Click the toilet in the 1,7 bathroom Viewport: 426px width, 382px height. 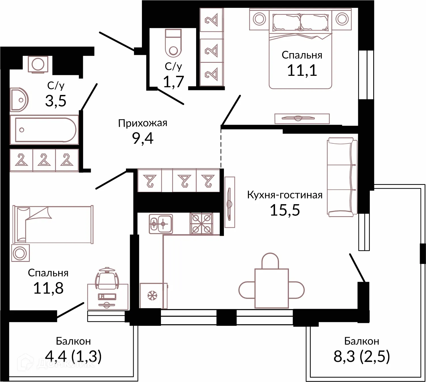173,43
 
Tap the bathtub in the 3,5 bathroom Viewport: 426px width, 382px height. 44,130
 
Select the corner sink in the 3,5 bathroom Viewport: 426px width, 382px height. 19,100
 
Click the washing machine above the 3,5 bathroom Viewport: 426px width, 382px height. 38,64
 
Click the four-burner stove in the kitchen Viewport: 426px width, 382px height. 202,224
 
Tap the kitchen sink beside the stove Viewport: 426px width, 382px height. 161,224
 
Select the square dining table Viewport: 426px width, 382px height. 271,288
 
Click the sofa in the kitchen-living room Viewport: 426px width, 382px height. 342,177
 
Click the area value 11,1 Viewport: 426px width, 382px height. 302,70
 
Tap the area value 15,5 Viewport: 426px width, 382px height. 285,210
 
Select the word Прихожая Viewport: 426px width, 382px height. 142,123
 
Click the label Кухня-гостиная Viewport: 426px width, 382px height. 285,195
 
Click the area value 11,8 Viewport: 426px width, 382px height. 48,288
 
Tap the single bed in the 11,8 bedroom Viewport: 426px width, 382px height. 53,225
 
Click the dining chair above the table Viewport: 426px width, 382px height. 270,260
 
